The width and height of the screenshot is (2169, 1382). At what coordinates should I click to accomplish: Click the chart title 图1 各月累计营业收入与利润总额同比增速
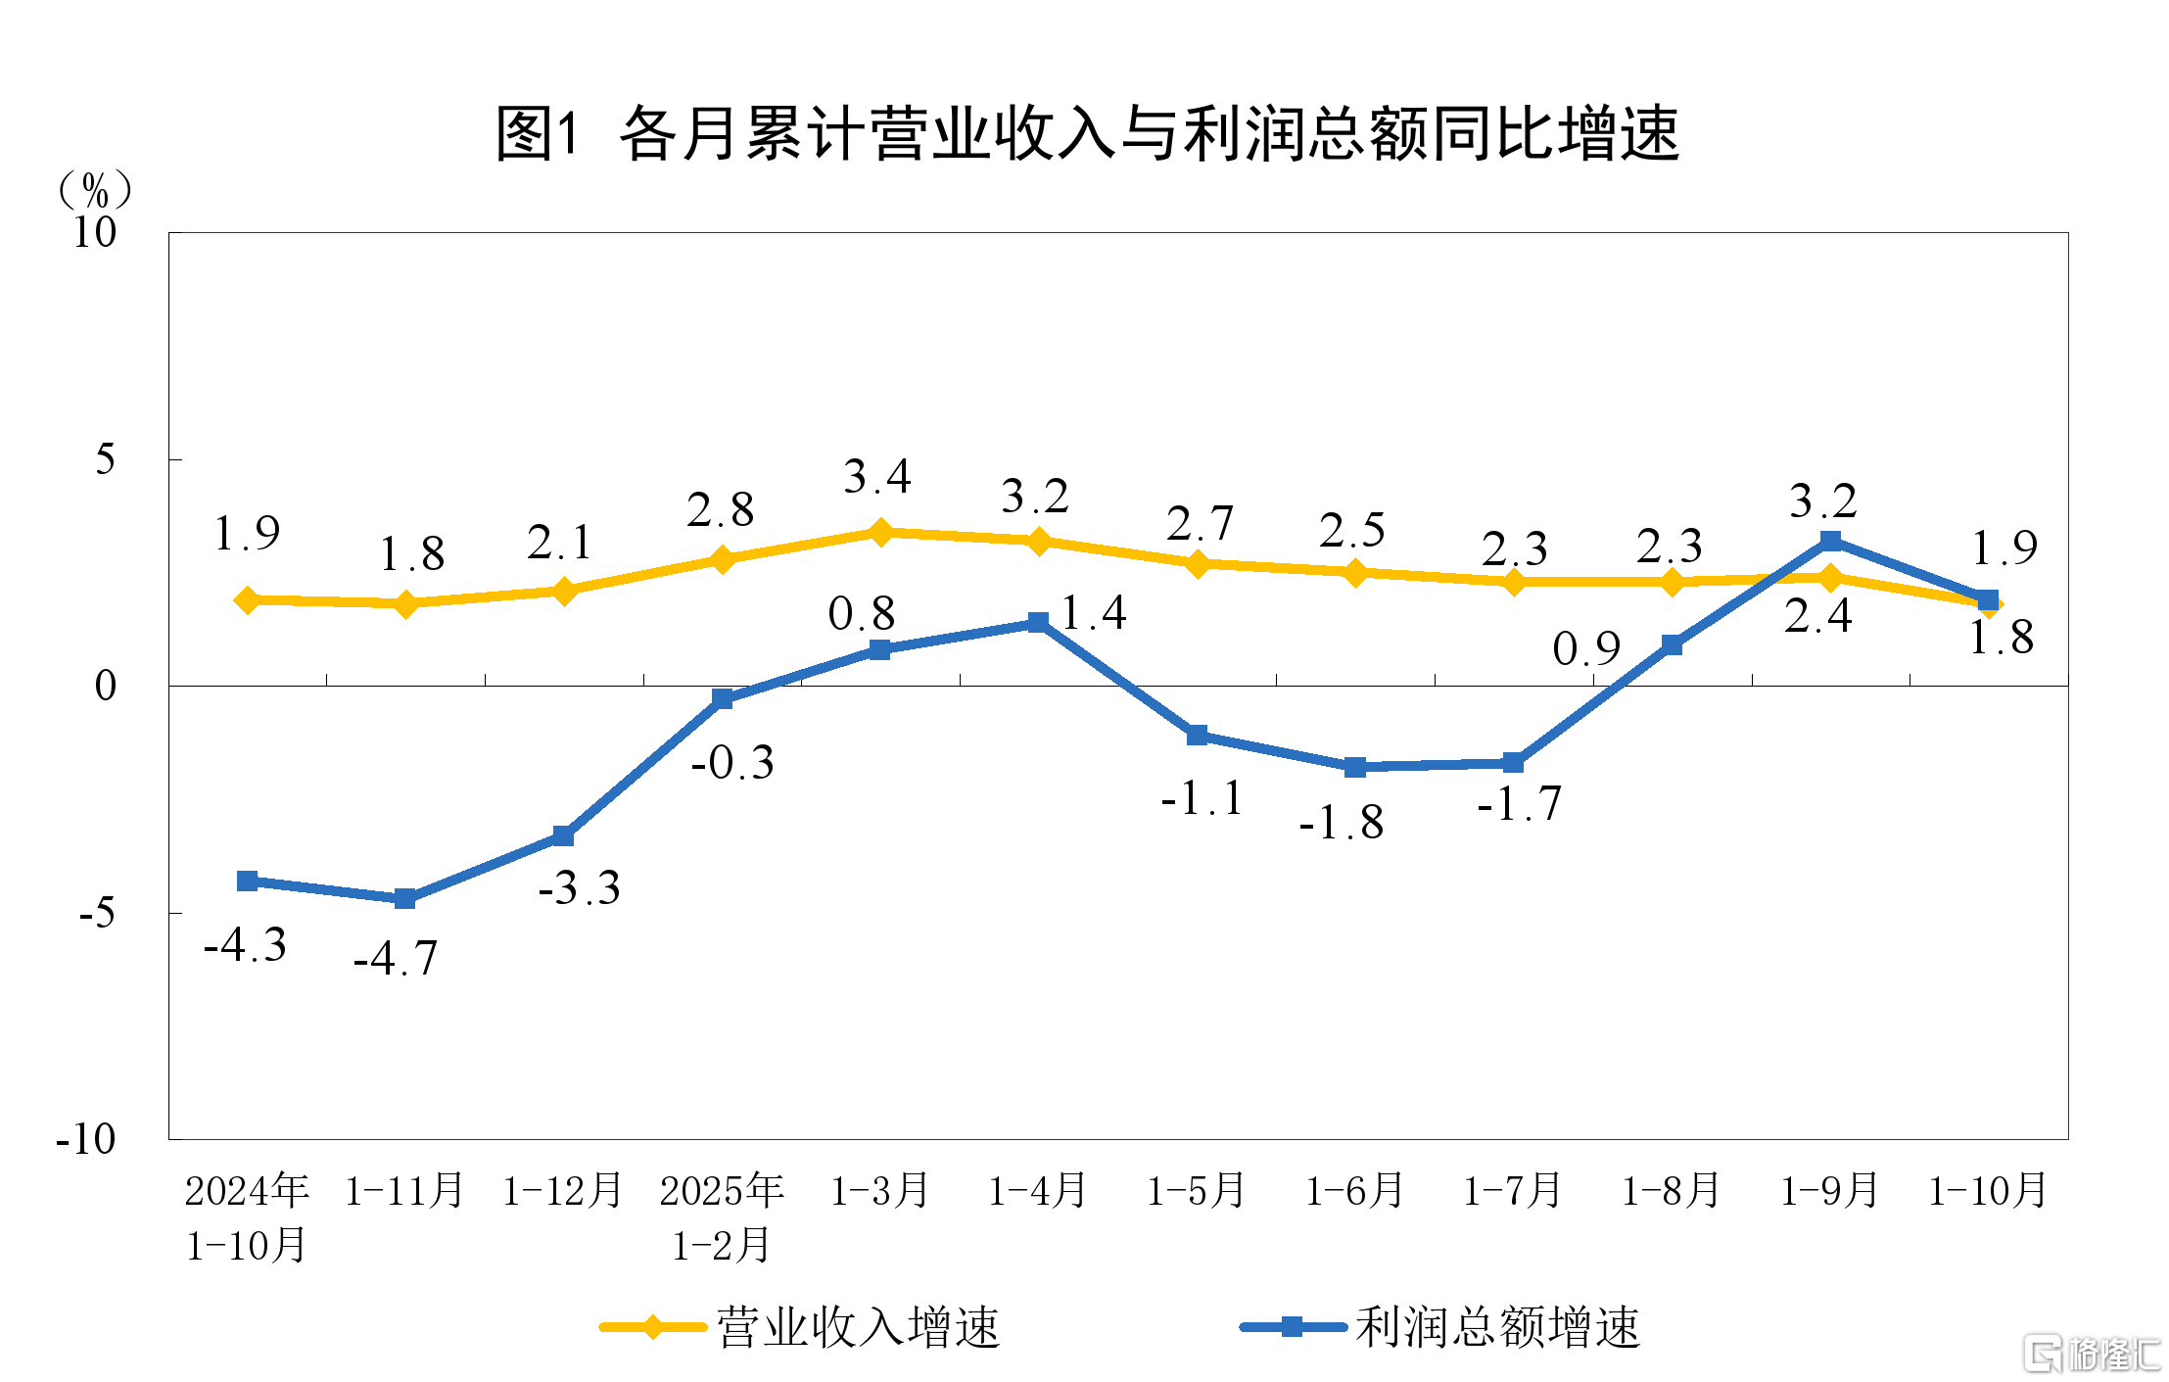coord(1087,133)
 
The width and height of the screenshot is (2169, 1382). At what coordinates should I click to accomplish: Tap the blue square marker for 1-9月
coord(1830,542)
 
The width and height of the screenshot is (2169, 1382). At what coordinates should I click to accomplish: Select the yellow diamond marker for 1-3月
coord(880,532)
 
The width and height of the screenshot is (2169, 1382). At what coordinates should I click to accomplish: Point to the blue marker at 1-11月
coord(405,898)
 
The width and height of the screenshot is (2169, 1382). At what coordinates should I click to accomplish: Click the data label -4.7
coord(396,958)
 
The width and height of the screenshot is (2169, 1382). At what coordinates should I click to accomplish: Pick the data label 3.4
coord(877,477)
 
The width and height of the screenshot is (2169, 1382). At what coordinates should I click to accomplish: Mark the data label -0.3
coord(732,762)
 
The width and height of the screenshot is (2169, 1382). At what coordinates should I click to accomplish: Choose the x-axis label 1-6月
coord(1355,1191)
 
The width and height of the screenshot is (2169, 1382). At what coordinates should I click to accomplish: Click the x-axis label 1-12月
coord(563,1191)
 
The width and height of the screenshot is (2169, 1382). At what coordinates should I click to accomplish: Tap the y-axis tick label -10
coord(86,1139)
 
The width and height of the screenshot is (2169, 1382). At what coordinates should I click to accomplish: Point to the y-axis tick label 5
coord(105,459)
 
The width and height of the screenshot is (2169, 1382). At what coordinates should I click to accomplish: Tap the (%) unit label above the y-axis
coord(95,189)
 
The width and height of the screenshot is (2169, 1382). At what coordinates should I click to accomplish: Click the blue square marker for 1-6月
coord(1355,767)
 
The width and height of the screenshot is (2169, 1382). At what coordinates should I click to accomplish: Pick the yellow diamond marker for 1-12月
coord(564,591)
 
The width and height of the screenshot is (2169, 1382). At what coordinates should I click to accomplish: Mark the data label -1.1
coord(1202,798)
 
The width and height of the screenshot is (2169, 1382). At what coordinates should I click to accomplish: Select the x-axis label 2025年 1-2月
coord(722,1217)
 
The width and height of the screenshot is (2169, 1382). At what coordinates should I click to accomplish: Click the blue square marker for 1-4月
coord(1039,623)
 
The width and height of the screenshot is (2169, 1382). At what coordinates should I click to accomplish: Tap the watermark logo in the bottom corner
coord(2092,1355)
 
